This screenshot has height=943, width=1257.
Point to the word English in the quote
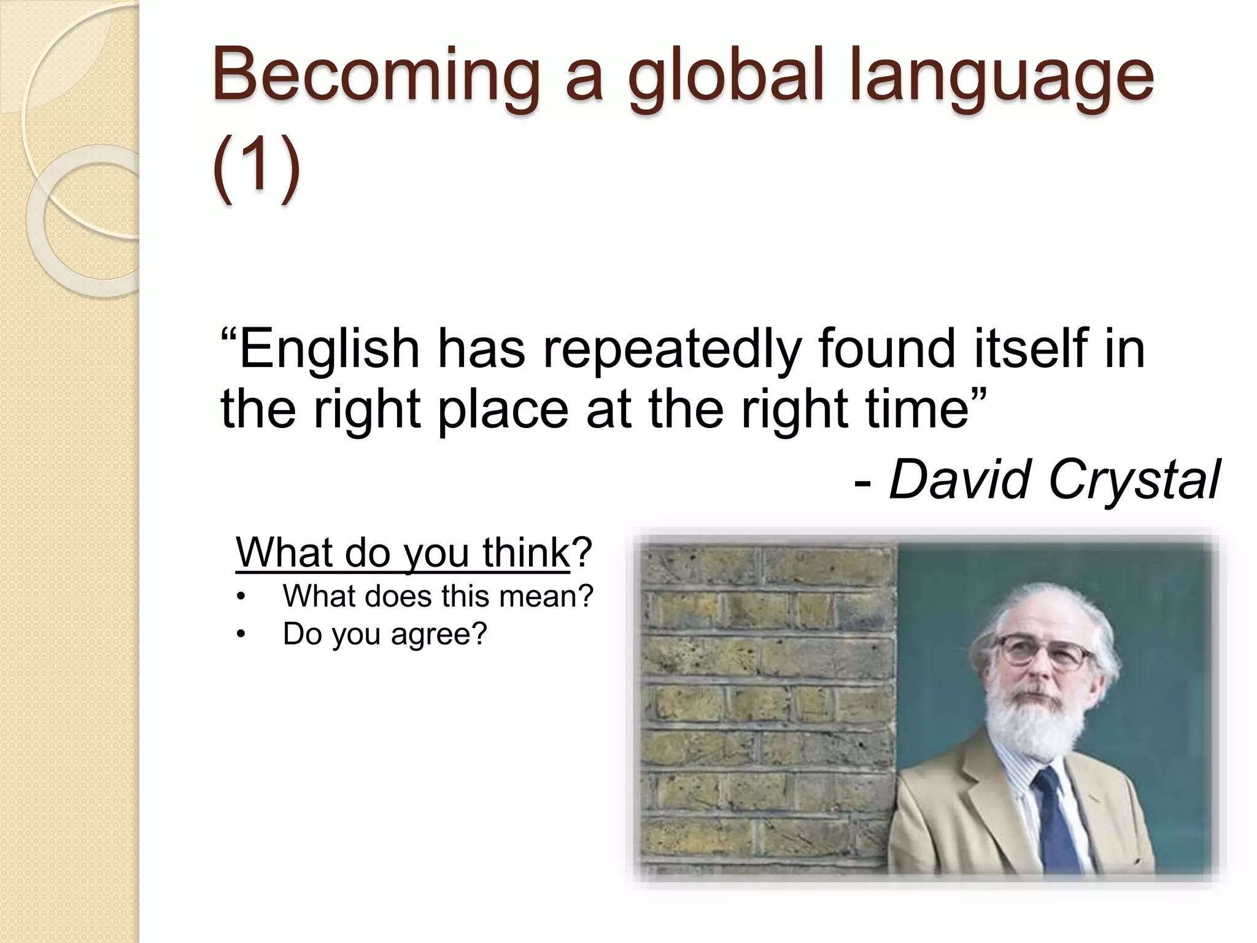[328, 349]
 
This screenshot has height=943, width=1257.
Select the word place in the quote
[503, 410]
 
